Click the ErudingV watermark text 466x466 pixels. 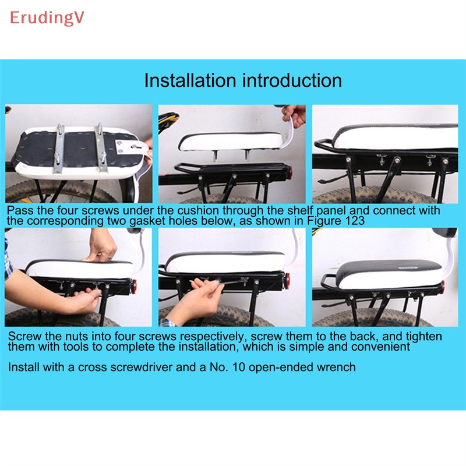point(47,18)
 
